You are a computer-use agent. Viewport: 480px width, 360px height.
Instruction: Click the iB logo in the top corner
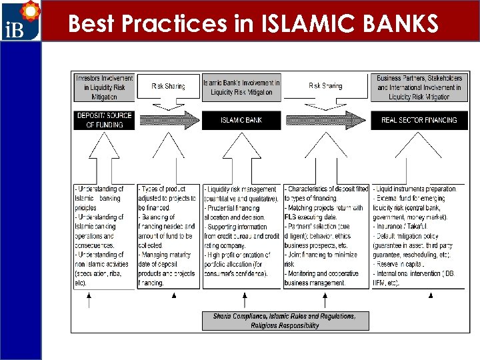(21, 21)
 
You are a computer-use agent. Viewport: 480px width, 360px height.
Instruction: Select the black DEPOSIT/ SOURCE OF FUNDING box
(104, 120)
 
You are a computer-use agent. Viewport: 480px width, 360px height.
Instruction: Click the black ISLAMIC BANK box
(241, 120)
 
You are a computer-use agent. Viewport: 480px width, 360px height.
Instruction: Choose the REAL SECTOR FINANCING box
(419, 120)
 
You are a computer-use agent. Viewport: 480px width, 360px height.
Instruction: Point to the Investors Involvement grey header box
(104, 87)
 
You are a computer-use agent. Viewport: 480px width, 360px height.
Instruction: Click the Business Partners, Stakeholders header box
(419, 87)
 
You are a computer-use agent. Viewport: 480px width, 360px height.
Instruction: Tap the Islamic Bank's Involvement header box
(241, 87)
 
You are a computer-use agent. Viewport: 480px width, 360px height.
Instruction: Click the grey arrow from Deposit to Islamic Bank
(167, 120)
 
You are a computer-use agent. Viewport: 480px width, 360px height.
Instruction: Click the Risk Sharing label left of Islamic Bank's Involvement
(167, 86)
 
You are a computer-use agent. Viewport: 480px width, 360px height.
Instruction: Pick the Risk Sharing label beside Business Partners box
(325, 86)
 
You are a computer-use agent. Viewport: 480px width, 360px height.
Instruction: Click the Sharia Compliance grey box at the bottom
(285, 321)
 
